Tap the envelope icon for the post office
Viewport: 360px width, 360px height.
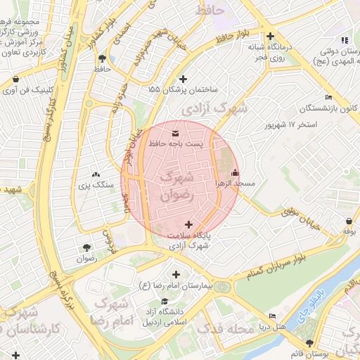[x=175, y=132]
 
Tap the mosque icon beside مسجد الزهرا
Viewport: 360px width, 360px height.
[x=235, y=173]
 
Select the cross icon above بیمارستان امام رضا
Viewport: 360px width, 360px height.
[x=176, y=274]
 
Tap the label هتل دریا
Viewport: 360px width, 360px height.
[x=271, y=327]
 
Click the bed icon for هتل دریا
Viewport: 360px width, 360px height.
[x=272, y=316]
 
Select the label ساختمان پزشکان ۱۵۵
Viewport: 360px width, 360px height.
[x=184, y=90]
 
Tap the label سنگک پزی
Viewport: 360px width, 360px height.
[x=96, y=184]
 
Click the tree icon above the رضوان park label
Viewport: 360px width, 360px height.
[x=86, y=247]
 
